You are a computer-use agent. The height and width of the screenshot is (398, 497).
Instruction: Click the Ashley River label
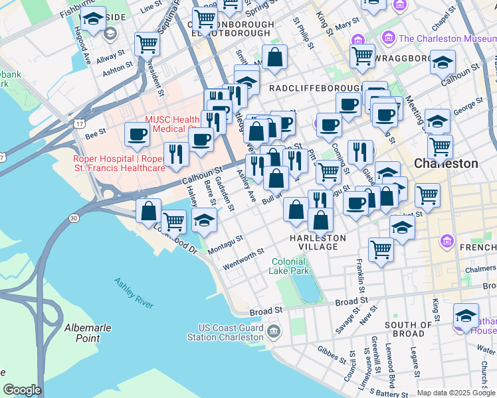click(x=134, y=293)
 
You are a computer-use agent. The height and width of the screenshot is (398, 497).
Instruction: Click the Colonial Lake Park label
click(x=290, y=267)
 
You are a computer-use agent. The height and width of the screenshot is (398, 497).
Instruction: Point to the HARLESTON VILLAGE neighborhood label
click(x=318, y=242)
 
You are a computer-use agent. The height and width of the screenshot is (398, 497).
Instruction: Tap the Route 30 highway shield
click(x=74, y=217)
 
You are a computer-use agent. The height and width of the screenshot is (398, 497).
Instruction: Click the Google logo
click(x=22, y=390)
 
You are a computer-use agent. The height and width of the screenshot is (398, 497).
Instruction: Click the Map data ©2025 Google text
click(x=456, y=393)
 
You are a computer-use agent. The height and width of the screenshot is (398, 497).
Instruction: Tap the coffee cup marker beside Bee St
click(x=138, y=134)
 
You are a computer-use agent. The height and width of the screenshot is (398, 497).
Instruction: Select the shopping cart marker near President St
click(x=147, y=44)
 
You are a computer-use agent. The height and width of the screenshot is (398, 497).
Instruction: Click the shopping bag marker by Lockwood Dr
click(x=149, y=210)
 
